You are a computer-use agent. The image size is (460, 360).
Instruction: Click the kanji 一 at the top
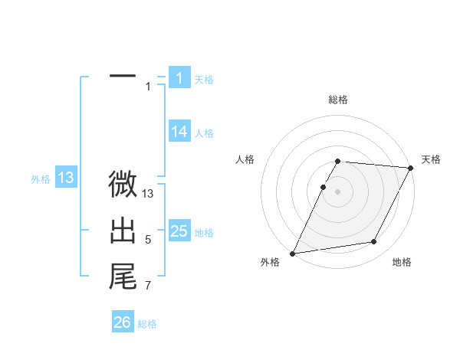coord(123,77)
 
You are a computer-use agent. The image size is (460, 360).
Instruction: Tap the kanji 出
coord(123,231)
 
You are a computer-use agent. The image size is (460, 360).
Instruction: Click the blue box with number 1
coord(179,78)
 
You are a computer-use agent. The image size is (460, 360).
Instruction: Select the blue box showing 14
coord(179,132)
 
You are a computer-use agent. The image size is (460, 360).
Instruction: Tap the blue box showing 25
coord(179,231)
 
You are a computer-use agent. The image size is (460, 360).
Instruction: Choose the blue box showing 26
coord(123,322)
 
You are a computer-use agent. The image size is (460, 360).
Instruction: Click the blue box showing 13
coord(65,178)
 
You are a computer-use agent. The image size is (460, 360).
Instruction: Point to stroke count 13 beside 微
coord(148,195)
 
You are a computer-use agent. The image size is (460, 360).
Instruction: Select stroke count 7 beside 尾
coord(148,286)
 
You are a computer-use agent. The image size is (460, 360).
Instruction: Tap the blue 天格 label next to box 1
coord(204,79)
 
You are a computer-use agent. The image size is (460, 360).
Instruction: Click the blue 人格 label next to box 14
coord(204,133)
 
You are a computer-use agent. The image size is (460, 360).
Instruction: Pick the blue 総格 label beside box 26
coord(147,324)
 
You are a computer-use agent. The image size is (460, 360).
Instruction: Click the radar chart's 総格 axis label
coord(338,100)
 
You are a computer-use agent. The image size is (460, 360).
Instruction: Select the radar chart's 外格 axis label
coord(270,263)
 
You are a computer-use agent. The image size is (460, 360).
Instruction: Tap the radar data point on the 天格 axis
coord(412,169)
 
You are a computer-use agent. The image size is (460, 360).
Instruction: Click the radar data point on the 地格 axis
coord(374,242)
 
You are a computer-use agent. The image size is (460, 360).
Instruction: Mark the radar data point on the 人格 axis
coord(324,188)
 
